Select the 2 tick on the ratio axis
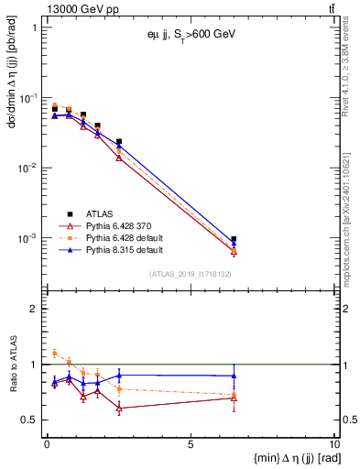click(35, 309)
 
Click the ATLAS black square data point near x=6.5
click(234, 239)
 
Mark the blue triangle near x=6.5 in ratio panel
click(234, 376)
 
